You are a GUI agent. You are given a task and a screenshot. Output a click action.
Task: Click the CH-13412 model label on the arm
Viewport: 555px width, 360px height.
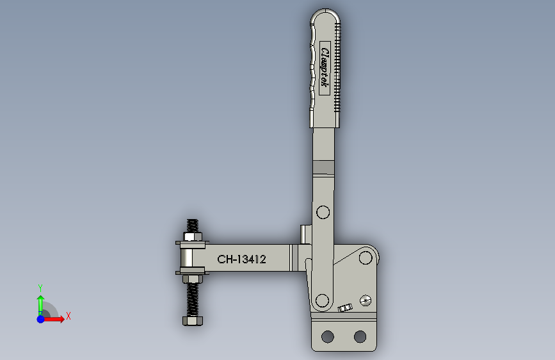click(241, 259)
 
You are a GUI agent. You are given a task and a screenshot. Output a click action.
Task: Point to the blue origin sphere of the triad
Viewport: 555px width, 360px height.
click(40, 318)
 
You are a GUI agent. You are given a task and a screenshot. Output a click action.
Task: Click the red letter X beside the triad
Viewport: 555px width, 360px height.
click(68, 316)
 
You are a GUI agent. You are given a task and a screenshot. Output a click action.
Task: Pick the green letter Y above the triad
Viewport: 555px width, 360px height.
click(40, 288)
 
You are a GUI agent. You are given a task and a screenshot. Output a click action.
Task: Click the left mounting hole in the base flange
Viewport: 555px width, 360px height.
click(328, 336)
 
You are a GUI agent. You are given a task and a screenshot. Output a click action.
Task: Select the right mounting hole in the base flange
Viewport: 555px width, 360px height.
click(360, 336)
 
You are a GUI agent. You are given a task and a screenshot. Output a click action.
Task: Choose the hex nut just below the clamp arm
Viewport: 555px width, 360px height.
click(191, 279)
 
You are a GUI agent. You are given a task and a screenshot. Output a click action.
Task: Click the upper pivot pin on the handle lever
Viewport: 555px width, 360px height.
click(322, 213)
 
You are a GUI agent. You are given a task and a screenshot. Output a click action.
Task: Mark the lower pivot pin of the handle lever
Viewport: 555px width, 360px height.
click(322, 299)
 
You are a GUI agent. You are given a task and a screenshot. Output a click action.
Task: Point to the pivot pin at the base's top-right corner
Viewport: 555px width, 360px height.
click(366, 258)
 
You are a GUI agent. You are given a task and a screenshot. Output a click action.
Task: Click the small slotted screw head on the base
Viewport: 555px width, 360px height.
click(366, 300)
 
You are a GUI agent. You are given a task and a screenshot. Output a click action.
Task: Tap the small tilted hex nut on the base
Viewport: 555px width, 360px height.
click(346, 308)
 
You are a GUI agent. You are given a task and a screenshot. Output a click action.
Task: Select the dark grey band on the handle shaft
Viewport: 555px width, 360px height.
click(324, 168)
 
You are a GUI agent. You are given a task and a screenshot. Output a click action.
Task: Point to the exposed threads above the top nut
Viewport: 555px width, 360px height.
click(191, 225)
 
